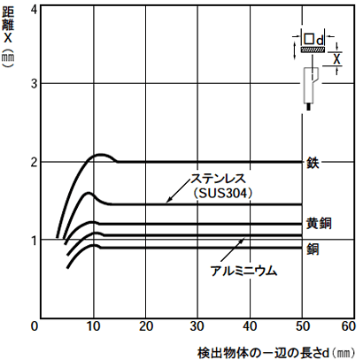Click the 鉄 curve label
point(313,162)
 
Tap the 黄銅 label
point(319,223)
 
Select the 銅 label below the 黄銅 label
point(313,249)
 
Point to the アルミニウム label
point(243,271)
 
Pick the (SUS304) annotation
point(223,193)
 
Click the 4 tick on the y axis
point(35,10)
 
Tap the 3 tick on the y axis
point(35,84)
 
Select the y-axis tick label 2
point(35,162)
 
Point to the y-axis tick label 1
point(35,241)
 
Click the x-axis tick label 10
point(94,326)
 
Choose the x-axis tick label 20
point(146,326)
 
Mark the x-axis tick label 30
point(197,326)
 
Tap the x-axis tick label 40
point(251,326)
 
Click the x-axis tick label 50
point(303,326)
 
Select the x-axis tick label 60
point(349,326)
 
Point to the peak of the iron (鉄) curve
point(101,154)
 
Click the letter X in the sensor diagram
point(336,59)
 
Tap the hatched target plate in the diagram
point(313,50)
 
